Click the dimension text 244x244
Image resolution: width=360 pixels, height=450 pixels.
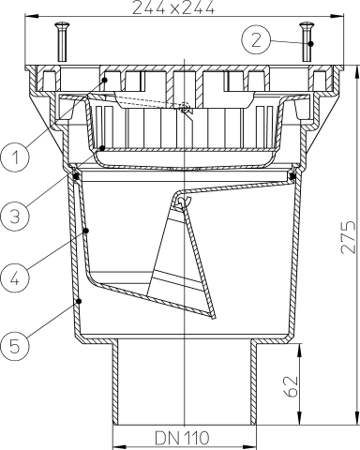click(x=187, y=9)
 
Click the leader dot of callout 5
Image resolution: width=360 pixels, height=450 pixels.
click(x=79, y=301)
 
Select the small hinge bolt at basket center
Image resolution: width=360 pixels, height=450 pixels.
click(x=187, y=110)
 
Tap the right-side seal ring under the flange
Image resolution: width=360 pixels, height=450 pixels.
click(x=294, y=174)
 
